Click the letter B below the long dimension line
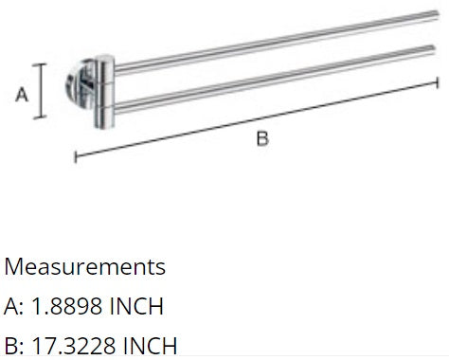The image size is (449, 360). tap(262, 139)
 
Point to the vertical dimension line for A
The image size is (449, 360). tap(40, 92)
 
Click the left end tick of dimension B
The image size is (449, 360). tap(74, 154)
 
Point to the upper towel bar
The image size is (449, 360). tap(265, 54)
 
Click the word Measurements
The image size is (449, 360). tap(85, 267)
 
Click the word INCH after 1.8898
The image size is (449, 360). tap(137, 306)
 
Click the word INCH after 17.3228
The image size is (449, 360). tap(148, 345)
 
